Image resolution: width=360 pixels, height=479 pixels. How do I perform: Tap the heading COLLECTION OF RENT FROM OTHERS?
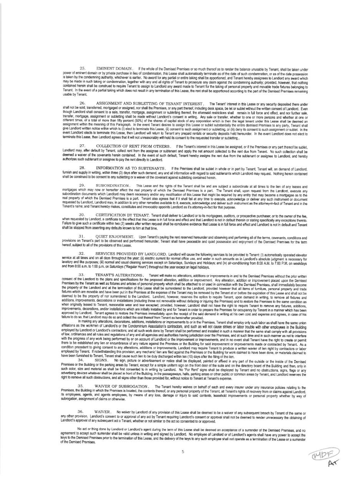133,146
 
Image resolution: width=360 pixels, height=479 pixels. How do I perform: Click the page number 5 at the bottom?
183,452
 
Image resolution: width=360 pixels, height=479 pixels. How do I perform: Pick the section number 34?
81,360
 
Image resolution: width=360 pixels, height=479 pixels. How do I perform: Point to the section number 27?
82,146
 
